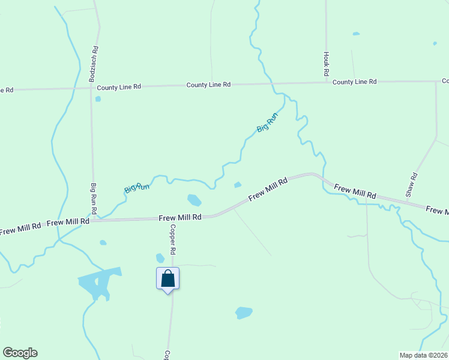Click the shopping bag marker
coord(168,279)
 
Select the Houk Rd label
coord(327,64)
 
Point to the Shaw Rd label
coord(411,185)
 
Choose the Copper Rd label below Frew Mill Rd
coord(172,240)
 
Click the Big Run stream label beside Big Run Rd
coord(136,187)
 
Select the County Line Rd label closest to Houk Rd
coord(354,82)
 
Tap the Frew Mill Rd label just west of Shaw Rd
coord(355,192)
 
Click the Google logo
coord(20,353)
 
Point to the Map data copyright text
coord(423,355)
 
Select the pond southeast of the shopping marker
coord(243,313)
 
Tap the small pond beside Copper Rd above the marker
coord(160,258)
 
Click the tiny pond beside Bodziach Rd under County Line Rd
coord(98,99)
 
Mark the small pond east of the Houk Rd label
coord(356,34)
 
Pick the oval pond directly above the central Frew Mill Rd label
coord(194,200)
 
